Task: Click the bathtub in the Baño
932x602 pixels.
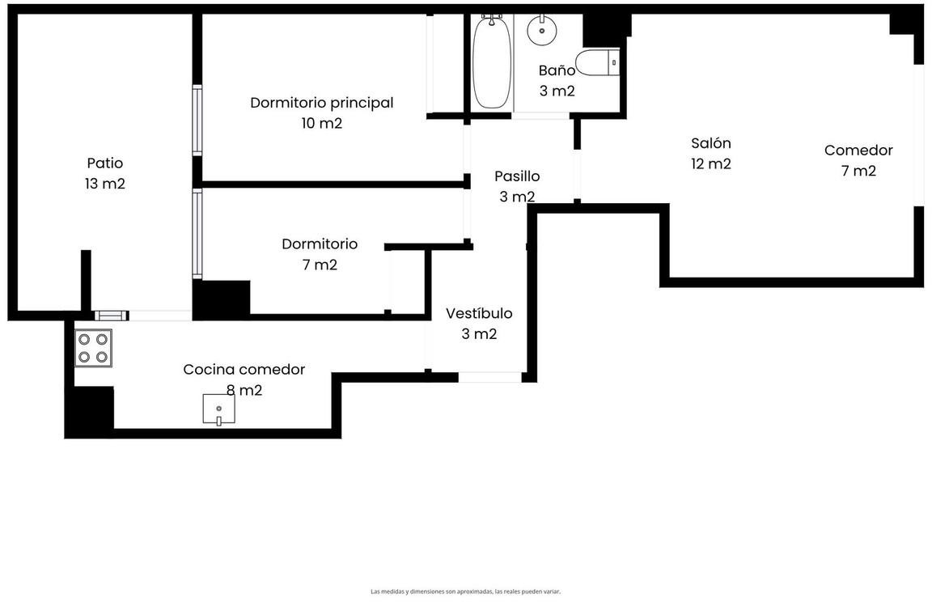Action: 492,61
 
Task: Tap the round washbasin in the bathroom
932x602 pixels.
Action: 541,30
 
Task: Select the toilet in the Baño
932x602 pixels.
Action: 597,62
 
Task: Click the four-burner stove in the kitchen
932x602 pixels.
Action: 93,348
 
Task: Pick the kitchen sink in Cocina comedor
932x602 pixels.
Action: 218,409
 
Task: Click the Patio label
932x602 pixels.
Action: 105,163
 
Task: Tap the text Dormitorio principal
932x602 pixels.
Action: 321,103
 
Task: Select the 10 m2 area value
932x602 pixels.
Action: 321,123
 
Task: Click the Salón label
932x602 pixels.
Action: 711,143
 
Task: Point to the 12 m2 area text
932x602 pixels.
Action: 711,163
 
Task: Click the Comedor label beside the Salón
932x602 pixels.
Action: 858,150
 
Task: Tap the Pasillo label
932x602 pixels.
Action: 517,176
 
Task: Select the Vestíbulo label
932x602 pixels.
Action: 479,313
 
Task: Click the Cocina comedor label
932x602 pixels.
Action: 244,369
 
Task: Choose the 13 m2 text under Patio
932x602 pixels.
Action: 105,184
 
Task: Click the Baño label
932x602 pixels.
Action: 557,70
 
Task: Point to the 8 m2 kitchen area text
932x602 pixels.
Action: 244,390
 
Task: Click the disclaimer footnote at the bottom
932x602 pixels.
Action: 465,591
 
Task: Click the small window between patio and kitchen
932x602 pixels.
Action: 111,316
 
